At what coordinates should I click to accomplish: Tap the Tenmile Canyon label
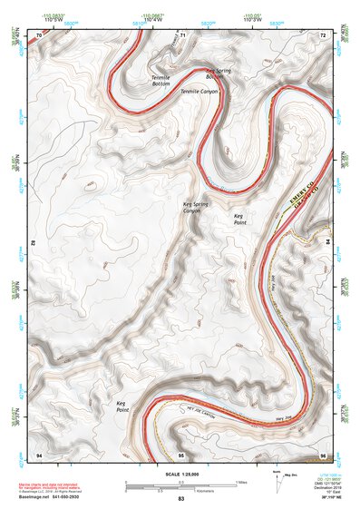coord(199,92)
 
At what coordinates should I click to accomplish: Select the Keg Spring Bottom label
coord(220,73)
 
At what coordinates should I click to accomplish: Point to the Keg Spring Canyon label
coord(195,210)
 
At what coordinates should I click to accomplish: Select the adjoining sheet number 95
coord(181,453)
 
